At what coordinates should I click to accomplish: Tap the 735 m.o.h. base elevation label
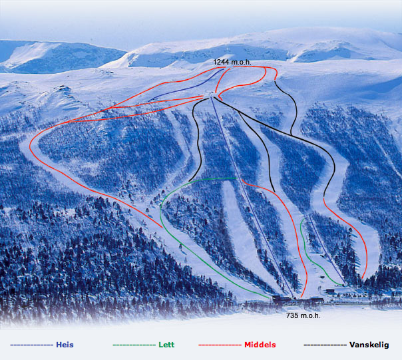point(303,315)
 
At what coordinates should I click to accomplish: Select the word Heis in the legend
point(65,345)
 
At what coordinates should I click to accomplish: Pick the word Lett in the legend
point(166,345)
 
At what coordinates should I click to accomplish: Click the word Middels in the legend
point(260,345)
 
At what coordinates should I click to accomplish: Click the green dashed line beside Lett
point(134,345)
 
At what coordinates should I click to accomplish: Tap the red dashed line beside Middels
point(219,345)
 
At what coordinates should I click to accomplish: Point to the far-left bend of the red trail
point(31,143)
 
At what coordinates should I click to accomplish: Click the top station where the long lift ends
point(212,98)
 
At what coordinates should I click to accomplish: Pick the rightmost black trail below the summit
point(293,106)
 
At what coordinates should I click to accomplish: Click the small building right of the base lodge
point(331,291)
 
